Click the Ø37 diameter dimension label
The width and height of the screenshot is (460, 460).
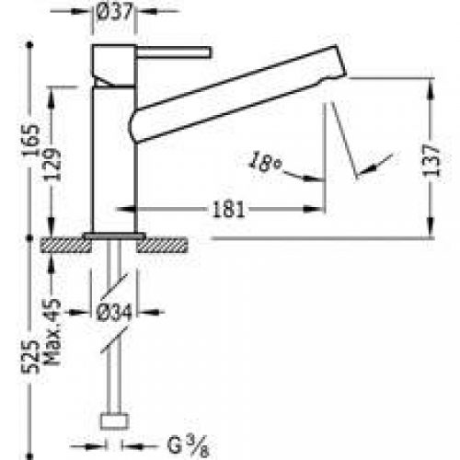[x=114, y=12]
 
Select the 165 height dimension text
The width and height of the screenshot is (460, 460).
[x=31, y=140]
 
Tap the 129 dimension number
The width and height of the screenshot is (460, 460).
[x=53, y=165]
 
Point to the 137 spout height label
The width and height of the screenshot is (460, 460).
[x=431, y=160]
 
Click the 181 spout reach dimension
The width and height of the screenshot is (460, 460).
[x=228, y=210]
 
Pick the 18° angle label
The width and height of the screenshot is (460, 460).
[x=265, y=162]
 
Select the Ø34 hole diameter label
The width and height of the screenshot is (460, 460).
[x=114, y=313]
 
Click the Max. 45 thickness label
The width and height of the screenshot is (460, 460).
[x=52, y=331]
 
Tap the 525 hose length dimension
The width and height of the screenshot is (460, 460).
[x=30, y=357]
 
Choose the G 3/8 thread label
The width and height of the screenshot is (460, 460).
[x=189, y=445]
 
